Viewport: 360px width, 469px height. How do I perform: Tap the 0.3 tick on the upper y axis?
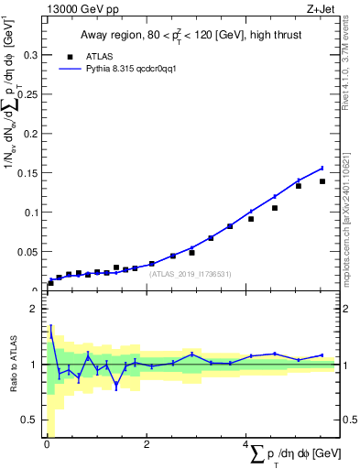[29, 55]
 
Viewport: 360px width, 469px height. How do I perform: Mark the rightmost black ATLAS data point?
[322, 181]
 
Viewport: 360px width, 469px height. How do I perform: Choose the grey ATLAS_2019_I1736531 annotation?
[191, 273]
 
